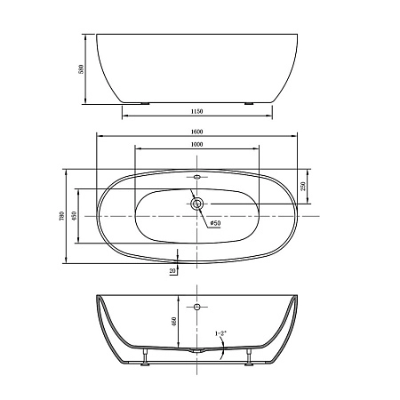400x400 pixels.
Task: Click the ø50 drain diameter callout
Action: tap(214, 224)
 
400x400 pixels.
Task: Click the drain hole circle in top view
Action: tap(196, 204)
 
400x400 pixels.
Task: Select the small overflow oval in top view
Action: tap(196, 176)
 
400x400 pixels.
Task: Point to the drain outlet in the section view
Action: tap(196, 352)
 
